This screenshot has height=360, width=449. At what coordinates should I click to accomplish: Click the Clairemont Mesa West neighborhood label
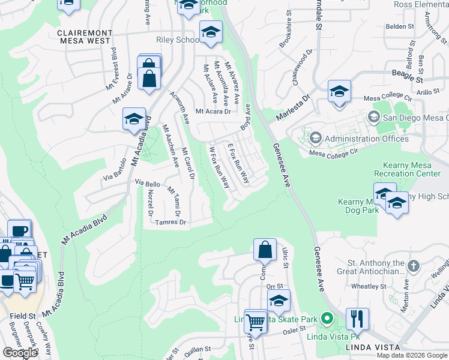84,37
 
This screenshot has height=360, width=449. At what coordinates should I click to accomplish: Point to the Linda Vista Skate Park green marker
327,318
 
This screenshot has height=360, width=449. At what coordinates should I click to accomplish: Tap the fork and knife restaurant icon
357,319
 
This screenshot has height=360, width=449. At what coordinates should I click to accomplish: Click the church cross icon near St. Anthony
414,265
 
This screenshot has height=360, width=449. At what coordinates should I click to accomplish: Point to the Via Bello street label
148,182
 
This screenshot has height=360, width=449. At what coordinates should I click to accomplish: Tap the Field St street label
22,314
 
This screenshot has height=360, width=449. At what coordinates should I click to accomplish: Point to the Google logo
20,352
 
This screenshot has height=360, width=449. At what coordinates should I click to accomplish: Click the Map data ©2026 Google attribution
412,355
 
